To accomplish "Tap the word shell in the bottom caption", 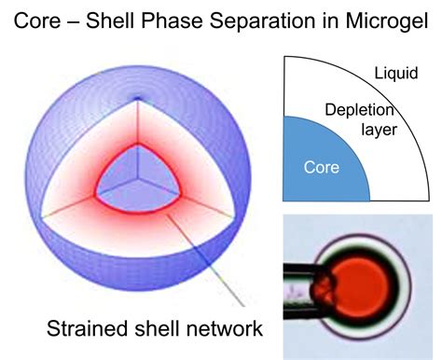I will coord(154,328).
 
